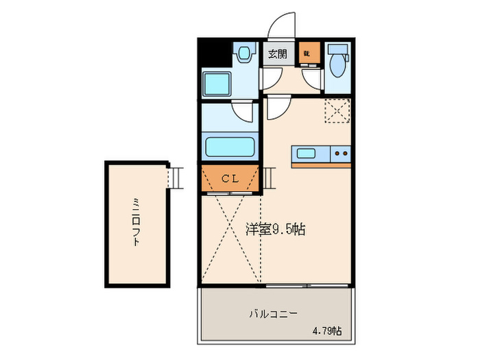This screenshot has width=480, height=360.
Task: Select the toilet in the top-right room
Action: point(337,63)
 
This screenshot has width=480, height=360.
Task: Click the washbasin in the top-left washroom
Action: point(243,53)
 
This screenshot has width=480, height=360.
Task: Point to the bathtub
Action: point(230,147)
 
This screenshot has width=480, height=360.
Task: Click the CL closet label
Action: point(230,178)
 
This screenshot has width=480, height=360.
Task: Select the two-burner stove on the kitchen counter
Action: point(340,153)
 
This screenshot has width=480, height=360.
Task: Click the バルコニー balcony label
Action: point(272,314)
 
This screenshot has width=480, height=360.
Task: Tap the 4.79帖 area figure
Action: point(326,331)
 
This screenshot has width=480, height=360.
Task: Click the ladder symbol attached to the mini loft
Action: point(176,178)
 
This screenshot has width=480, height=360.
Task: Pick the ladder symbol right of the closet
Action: point(268,178)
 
